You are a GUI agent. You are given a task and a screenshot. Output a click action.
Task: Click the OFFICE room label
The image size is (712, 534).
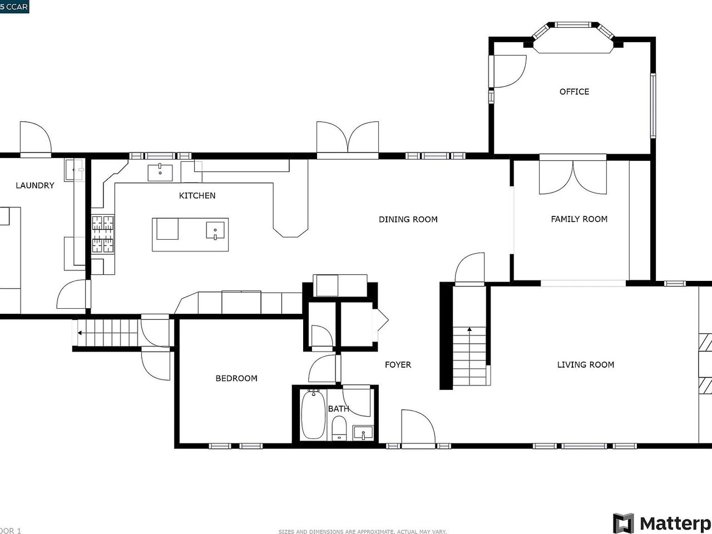[574, 92]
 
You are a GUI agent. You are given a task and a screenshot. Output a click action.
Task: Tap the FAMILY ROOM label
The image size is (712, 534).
[579, 219]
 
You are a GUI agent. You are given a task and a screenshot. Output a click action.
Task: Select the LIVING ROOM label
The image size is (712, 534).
[586, 365]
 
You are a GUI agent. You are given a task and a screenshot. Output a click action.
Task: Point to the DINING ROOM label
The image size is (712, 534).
[408, 219]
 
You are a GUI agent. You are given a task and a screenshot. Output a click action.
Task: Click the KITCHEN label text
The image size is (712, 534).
[197, 196]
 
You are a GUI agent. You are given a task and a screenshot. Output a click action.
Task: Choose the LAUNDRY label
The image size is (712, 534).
[34, 185]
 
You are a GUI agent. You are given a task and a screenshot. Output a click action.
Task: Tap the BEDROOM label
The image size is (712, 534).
[236, 378]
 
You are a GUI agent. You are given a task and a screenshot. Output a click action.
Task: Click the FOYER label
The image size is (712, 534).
[398, 365]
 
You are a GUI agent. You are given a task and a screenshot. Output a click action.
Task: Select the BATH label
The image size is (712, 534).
[338, 409]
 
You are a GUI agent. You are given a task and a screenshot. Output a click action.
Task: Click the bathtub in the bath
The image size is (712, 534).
[313, 415]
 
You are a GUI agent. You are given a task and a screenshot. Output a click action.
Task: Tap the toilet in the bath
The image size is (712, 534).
[339, 429]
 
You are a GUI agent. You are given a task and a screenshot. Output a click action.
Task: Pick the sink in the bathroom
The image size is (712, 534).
[364, 432]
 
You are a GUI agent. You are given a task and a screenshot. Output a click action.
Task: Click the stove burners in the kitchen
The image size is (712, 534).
[103, 234]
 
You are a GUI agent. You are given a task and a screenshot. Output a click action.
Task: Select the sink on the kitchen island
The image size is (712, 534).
[215, 230]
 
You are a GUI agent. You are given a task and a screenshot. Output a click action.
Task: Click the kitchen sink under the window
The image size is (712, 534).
[160, 172]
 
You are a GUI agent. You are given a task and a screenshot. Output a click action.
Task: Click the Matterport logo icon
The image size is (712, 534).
[623, 523]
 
